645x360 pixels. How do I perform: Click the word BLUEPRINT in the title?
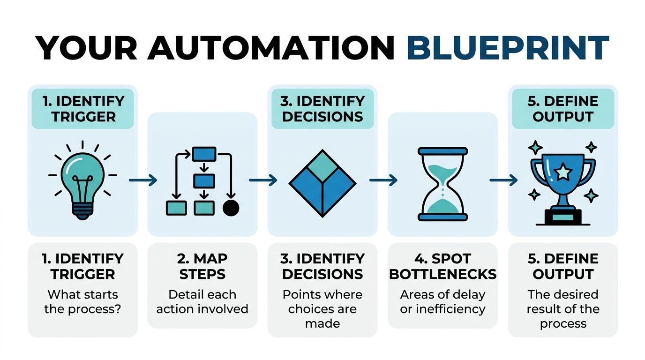pyautogui.click(x=508, y=47)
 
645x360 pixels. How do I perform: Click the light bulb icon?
pyautogui.click(x=82, y=180)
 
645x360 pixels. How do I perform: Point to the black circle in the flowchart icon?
pyautogui.click(x=231, y=208)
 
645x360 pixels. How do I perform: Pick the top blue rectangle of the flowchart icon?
pyautogui.click(x=204, y=154)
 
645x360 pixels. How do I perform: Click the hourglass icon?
pyautogui.click(x=442, y=184)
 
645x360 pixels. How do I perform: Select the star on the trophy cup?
pyautogui.click(x=563, y=173)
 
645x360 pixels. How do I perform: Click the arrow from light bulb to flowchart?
pyautogui.click(x=142, y=180)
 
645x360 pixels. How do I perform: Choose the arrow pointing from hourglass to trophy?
pyautogui.click(x=503, y=180)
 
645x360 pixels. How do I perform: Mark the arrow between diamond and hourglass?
pyautogui.click(x=383, y=180)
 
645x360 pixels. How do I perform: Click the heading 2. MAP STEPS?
pyautogui.click(x=202, y=266)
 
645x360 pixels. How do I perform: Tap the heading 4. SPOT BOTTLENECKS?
pyautogui.click(x=442, y=266)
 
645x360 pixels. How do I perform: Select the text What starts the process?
pyautogui.click(x=82, y=302)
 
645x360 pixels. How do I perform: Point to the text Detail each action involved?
pyautogui.click(x=202, y=302)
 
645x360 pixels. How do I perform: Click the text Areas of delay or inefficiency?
pyautogui.click(x=442, y=302)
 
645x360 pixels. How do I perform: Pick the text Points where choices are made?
pyautogui.click(x=322, y=309)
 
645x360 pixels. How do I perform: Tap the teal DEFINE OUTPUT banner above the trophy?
pyautogui.click(x=563, y=109)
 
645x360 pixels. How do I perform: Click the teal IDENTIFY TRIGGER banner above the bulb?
pyautogui.click(x=82, y=109)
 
